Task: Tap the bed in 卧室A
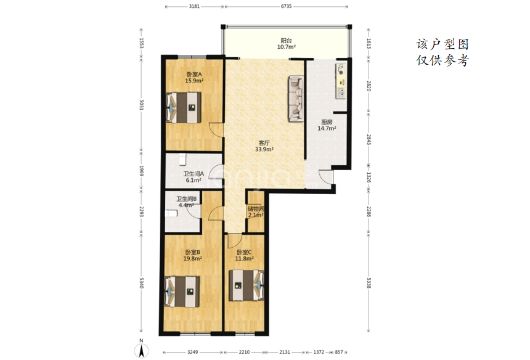click(x=184, y=107)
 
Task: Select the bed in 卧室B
click(x=182, y=292)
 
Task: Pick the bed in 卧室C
click(x=247, y=285)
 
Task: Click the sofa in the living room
click(x=295, y=99)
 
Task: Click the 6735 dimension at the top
click(x=286, y=6)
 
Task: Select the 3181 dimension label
click(x=194, y=6)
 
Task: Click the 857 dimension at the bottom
click(x=339, y=352)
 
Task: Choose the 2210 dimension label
click(x=244, y=352)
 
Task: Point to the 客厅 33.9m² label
click(x=264, y=146)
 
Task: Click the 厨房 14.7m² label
click(x=327, y=125)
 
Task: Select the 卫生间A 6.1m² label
click(x=194, y=177)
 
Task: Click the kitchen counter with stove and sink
click(x=341, y=81)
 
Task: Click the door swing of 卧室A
click(x=215, y=130)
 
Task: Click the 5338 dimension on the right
click(x=369, y=282)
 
